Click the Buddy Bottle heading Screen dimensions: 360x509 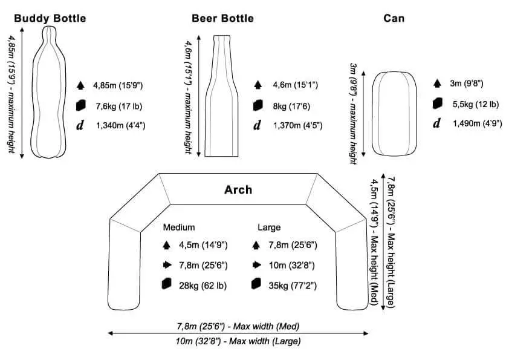(50, 18)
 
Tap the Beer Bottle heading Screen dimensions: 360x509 (222, 18)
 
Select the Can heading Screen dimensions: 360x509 (394, 18)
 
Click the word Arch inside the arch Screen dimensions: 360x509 (238, 190)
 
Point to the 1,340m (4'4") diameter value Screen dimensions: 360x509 (120, 126)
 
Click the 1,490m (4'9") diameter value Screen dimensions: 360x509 (478, 123)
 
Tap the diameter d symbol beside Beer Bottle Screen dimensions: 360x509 (257, 126)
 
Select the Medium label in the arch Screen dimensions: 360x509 (179, 227)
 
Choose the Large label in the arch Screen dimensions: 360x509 (269, 227)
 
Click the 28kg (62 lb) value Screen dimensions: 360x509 (203, 285)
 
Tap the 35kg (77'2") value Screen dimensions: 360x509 (293, 285)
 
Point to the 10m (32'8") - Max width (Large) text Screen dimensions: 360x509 (238, 341)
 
